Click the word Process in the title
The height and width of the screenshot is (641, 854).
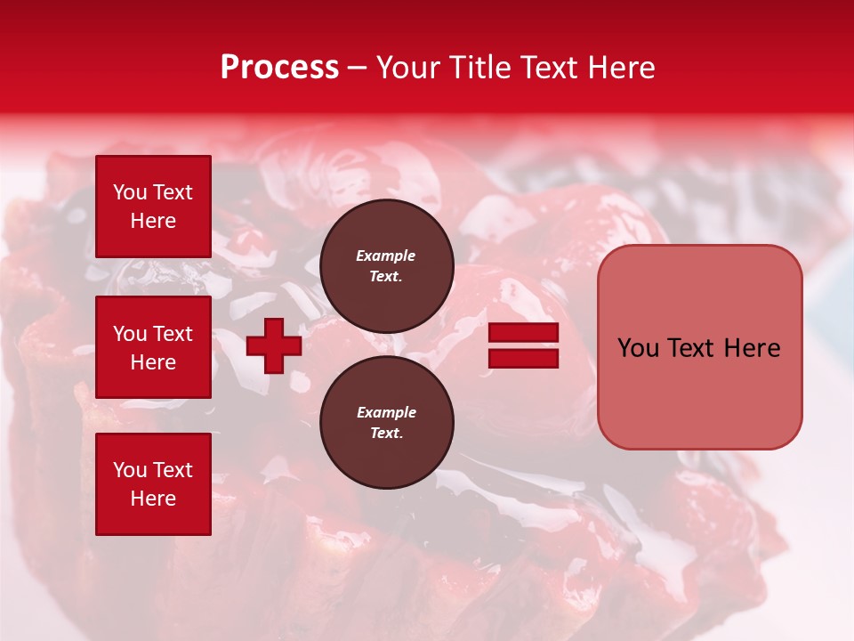(x=279, y=68)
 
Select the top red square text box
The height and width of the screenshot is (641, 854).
(x=153, y=207)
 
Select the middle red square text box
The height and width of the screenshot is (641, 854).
(x=153, y=347)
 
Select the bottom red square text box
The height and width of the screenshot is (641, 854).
(x=153, y=483)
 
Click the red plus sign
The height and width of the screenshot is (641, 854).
(x=274, y=345)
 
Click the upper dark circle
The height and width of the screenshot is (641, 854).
(x=386, y=266)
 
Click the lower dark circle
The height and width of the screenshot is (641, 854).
(x=386, y=422)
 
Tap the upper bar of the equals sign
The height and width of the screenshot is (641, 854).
(x=523, y=333)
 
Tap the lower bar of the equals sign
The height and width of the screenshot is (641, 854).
(x=523, y=358)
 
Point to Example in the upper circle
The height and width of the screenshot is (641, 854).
(x=386, y=256)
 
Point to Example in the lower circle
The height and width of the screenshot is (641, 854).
(x=386, y=412)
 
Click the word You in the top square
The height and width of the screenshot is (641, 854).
(x=130, y=192)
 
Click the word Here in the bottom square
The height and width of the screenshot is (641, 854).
(x=153, y=499)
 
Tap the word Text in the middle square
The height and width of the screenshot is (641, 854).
(x=173, y=334)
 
